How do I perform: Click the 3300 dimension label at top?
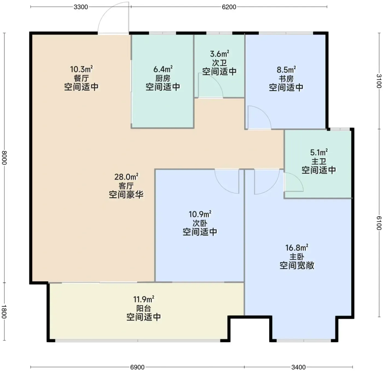tap(81, 7)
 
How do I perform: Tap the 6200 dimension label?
tap(229, 7)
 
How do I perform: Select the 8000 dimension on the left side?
tap(4, 157)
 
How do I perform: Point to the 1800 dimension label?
tap(4, 312)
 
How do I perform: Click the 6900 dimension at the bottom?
tap(137, 367)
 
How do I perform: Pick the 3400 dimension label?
tap(298, 367)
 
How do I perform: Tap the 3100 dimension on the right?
tap(379, 81)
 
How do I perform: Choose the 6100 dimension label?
tap(379, 223)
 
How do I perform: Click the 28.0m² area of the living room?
tap(126, 177)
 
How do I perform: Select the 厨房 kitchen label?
tap(163, 78)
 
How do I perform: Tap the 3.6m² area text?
tap(219, 54)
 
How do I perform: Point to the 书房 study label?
tap(286, 79)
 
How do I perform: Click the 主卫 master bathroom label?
tap(319, 161)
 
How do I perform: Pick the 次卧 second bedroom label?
tap(200, 223)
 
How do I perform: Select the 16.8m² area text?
tap(297, 248)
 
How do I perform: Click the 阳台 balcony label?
tap(144, 308)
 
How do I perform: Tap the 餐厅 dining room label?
tap(81, 78)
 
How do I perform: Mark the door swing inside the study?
tap(264, 112)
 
